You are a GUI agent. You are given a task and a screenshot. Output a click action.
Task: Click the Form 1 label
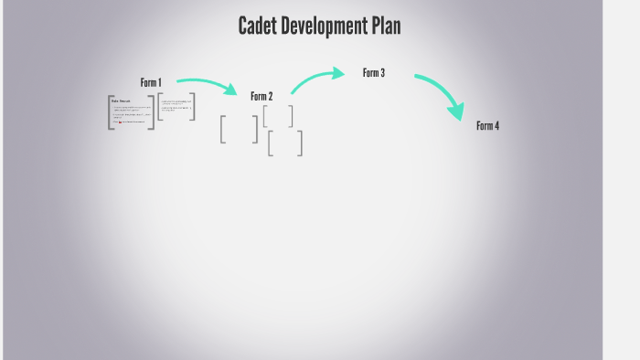point(151,82)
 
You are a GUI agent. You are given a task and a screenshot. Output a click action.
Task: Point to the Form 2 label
point(261,96)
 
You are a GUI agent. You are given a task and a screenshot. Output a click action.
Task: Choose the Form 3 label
point(373,73)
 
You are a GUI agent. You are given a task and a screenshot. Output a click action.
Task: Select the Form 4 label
point(487,126)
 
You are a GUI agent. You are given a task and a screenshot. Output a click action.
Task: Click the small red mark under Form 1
point(120,121)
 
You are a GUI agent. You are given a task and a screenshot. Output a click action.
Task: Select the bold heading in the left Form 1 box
point(121,101)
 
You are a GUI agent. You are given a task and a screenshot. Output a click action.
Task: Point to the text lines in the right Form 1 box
point(176,105)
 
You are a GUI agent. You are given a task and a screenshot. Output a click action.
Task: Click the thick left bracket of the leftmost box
point(111,112)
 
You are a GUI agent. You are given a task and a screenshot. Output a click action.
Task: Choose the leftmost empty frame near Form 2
point(239,129)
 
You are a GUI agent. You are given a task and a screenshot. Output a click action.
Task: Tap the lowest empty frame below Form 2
point(285,143)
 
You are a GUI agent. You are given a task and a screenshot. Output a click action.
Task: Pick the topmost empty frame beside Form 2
point(278,116)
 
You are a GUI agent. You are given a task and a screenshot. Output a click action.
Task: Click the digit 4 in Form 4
point(496,126)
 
